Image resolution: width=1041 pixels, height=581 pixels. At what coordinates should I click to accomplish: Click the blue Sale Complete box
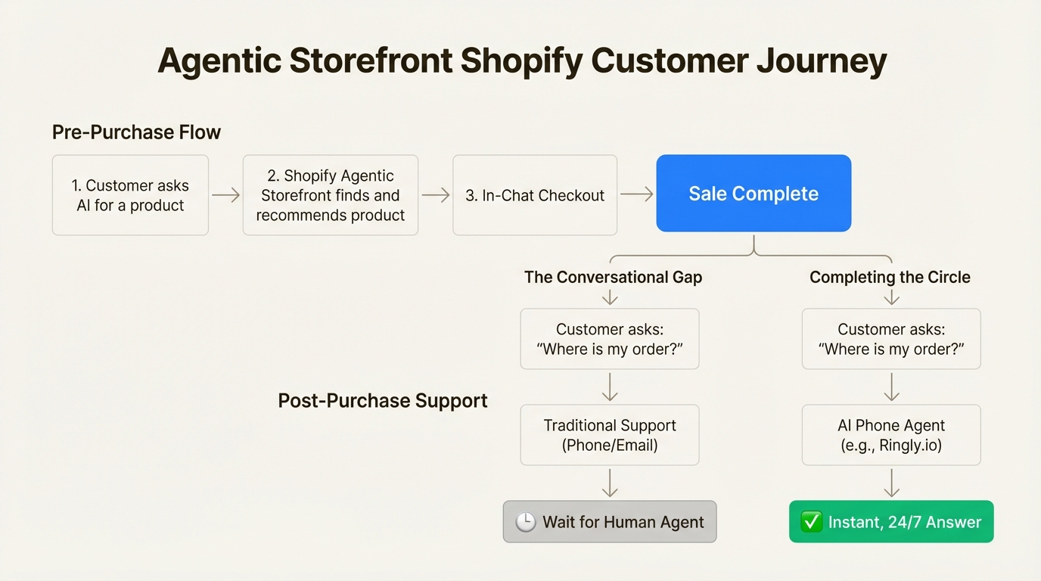[x=754, y=194]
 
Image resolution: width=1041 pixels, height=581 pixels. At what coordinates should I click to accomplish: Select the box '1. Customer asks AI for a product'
[x=130, y=195]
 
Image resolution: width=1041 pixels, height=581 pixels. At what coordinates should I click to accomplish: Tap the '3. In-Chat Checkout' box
[x=535, y=195]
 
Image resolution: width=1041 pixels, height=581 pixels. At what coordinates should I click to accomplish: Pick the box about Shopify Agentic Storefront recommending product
[x=331, y=195]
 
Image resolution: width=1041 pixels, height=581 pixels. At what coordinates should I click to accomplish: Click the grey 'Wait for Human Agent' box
[x=610, y=522]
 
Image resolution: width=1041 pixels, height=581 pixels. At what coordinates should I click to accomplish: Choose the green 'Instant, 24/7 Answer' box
[x=891, y=522]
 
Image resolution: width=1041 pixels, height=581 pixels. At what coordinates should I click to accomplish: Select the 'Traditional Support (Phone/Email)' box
[x=610, y=435]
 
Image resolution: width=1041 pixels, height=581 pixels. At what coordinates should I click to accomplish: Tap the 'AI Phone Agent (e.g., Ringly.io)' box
[x=891, y=435]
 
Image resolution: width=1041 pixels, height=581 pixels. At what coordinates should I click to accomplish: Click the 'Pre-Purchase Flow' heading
[x=136, y=132]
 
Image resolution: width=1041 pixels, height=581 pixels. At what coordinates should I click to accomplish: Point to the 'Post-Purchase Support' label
[x=383, y=400]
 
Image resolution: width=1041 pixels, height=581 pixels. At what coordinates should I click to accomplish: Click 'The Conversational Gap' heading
[x=613, y=278]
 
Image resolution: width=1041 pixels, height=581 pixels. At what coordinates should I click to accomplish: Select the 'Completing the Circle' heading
[x=890, y=278]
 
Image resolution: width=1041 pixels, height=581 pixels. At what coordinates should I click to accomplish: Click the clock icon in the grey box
[x=526, y=522]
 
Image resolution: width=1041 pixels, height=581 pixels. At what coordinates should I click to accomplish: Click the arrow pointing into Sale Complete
[x=636, y=194]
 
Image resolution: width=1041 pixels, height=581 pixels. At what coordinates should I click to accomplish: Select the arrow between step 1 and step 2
[x=225, y=195]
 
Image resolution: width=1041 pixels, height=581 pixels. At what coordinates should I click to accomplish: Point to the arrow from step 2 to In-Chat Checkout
[x=435, y=195]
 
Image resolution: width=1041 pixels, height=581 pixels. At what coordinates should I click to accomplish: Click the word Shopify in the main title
[x=521, y=61]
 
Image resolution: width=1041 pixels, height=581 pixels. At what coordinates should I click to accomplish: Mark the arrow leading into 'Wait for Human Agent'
[x=610, y=483]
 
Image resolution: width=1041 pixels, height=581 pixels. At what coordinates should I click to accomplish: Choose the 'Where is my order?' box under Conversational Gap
[x=610, y=339]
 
